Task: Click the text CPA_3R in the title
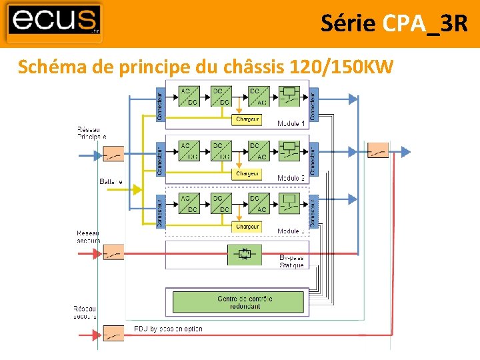(x=425, y=23)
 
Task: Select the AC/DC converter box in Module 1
(x=189, y=96)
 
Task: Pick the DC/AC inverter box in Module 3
(x=259, y=203)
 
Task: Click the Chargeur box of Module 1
(x=247, y=120)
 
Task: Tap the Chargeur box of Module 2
(x=247, y=174)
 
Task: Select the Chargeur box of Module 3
(x=247, y=227)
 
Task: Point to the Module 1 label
(x=291, y=124)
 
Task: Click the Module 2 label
(x=291, y=178)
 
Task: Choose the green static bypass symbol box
(x=243, y=255)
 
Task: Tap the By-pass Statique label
(x=291, y=261)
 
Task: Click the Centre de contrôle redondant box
(x=238, y=302)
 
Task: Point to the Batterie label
(x=111, y=181)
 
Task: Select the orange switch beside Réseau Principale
(x=113, y=155)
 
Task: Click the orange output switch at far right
(x=378, y=151)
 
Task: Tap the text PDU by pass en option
(x=168, y=329)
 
